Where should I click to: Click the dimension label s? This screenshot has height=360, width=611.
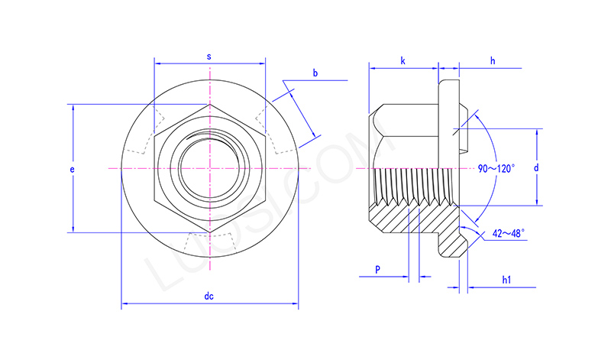click(209, 57)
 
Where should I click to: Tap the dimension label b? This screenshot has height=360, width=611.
click(315, 73)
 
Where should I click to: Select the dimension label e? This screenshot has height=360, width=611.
click(72, 169)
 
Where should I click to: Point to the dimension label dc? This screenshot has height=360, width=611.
click(209, 296)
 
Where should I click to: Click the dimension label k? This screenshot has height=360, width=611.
click(403, 61)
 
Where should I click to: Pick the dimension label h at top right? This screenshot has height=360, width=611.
click(493, 61)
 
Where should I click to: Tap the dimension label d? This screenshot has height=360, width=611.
click(536, 167)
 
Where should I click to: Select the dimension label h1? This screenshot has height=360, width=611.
click(506, 280)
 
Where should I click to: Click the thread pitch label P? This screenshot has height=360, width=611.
click(377, 269)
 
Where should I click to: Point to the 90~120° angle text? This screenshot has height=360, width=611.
click(496, 168)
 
